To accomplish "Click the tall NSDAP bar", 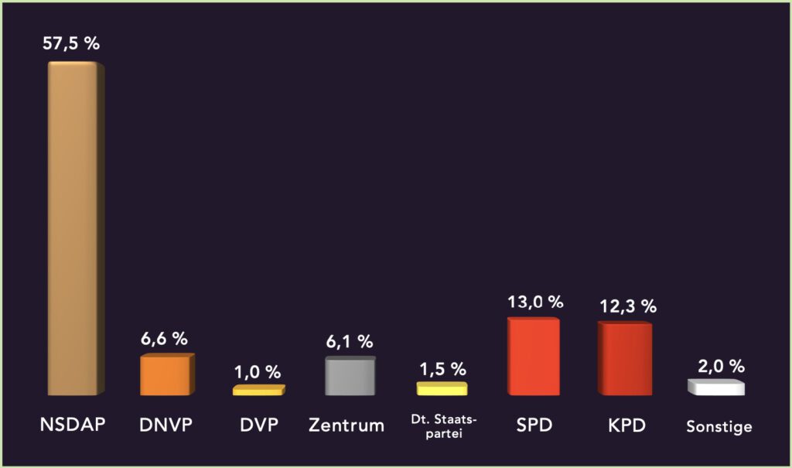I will (x=75, y=228).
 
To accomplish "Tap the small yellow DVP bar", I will (x=258, y=391).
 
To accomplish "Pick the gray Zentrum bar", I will (x=350, y=376).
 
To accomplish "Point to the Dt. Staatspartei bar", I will (x=441, y=388).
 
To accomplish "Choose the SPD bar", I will (x=533, y=357).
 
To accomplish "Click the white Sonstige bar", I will (x=715, y=388).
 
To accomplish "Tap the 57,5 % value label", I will (x=71, y=44).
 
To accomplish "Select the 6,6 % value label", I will (x=164, y=338).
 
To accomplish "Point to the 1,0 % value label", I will (x=258, y=371).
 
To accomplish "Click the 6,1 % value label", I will (x=349, y=340).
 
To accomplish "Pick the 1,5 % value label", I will (x=442, y=368).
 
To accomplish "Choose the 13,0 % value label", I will (x=534, y=302).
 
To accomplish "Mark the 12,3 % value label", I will (x=627, y=306).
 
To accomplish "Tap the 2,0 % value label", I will (x=718, y=365).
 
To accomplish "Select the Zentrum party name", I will (x=346, y=425).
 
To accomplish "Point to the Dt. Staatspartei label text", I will (x=443, y=425).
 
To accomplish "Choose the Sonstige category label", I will (x=719, y=425).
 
